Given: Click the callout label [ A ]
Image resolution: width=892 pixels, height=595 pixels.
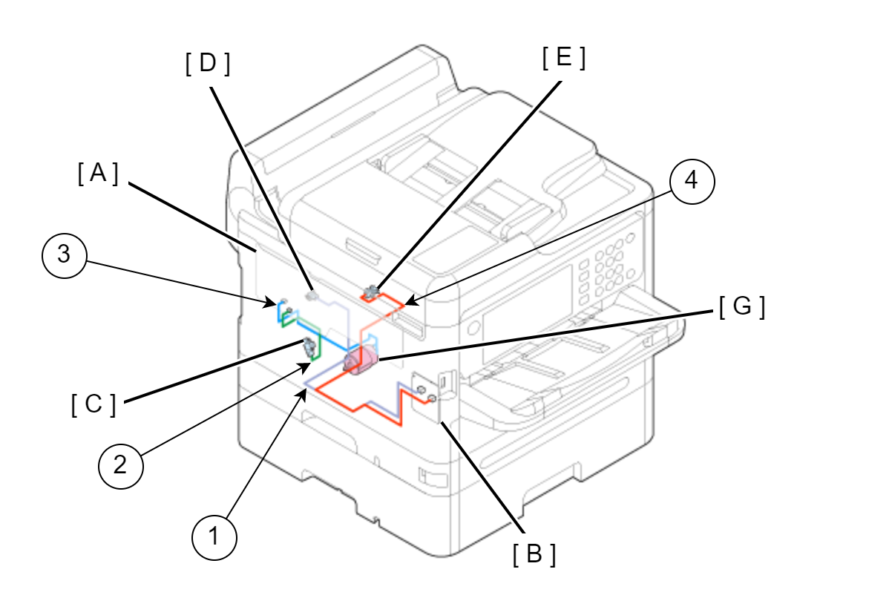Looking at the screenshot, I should coord(98,174).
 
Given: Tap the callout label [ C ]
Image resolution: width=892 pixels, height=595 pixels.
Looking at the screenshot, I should coord(94,405).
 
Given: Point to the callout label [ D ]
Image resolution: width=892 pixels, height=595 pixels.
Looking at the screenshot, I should coord(208,65).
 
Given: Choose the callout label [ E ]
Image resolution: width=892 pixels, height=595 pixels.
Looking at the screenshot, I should coord(563,58).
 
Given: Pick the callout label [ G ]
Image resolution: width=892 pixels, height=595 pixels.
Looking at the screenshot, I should coord(741,306).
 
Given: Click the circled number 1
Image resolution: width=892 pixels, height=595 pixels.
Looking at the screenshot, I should coord(214,536).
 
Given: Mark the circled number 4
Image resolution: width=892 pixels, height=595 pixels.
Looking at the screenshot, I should coord(691,181).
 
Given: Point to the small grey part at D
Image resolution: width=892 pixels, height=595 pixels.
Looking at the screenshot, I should coord(312,295).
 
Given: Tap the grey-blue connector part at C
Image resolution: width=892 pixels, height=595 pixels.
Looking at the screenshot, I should coord(308,344).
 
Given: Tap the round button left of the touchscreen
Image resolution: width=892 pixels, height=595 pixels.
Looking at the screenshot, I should coord(472,327).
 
